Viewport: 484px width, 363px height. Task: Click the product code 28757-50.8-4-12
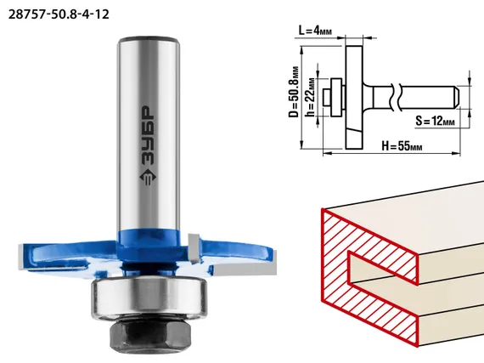[x=59, y=14]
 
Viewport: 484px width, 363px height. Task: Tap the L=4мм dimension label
[x=315, y=31]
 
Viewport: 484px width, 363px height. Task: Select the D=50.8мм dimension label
[x=294, y=92]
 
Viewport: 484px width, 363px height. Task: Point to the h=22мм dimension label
[x=311, y=97]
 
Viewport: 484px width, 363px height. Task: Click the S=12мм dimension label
[x=435, y=121]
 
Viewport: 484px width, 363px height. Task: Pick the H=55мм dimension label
[x=402, y=145]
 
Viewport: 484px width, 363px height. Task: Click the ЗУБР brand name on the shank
[x=148, y=136]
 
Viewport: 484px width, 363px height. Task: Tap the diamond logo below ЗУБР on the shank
[x=148, y=178]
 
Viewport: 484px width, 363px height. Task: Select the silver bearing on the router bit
[x=149, y=297]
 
